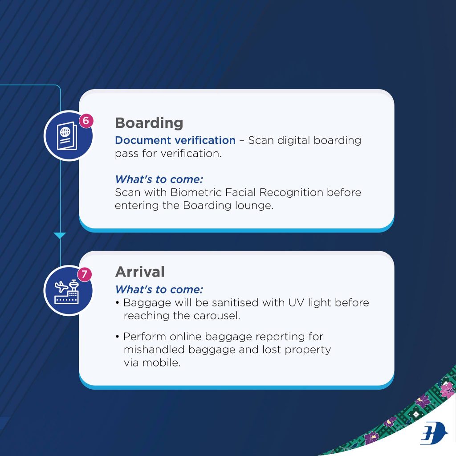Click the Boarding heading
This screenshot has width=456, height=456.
click(149, 123)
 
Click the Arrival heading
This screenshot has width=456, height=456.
click(140, 272)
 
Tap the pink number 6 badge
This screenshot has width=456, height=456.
click(86, 120)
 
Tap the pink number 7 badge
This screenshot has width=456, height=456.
click(84, 274)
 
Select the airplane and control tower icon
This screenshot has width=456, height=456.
click(67, 292)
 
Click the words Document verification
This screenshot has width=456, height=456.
click(175, 140)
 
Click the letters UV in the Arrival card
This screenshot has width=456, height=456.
click(296, 303)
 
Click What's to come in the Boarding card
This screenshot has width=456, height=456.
click(159, 179)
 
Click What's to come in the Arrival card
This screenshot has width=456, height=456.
click(159, 289)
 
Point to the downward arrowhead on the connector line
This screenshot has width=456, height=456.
click(60, 236)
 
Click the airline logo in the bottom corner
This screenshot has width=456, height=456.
click(434, 433)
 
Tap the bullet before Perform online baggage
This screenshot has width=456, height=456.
click(117, 337)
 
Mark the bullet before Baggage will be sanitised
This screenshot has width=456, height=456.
click(117, 303)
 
